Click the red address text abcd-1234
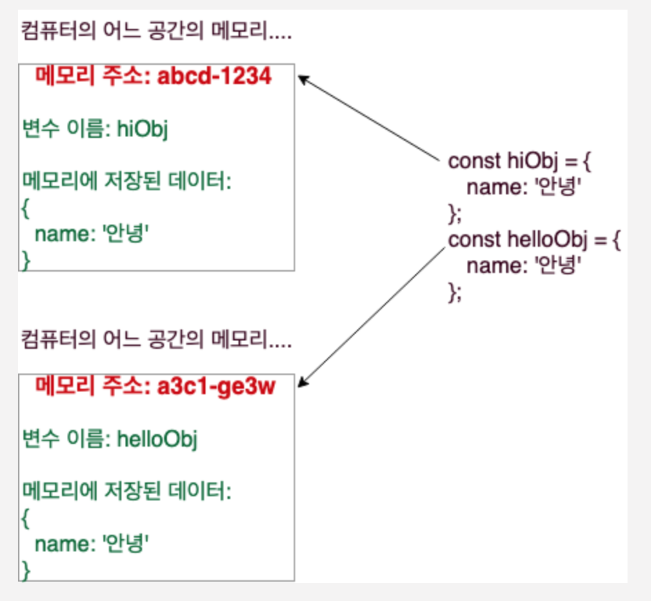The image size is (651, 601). coord(214,76)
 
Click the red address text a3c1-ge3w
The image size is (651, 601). coord(216,387)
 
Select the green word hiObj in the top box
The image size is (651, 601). coord(142,129)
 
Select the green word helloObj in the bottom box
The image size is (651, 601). coord(157,439)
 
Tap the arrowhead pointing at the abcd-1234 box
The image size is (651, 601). coord(303,79)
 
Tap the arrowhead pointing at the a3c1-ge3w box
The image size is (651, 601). coord(303,382)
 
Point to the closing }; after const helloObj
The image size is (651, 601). coord(454,293)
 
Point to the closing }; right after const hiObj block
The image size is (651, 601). coord(454,214)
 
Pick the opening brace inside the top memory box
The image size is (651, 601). coord(26,208)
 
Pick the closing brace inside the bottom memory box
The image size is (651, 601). coord(26,571)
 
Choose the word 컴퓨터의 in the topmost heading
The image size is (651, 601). coord(59,31)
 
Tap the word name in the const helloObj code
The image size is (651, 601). coord(494,267)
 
